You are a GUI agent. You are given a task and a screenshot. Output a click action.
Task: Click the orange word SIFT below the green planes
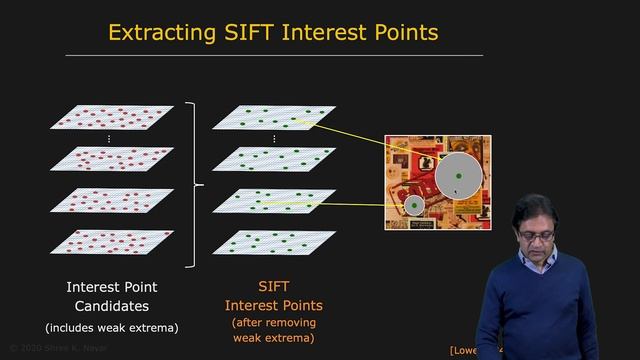click(273, 287)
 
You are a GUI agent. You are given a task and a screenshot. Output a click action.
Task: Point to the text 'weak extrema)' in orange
click(273, 338)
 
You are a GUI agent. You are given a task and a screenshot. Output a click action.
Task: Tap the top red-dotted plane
click(117, 117)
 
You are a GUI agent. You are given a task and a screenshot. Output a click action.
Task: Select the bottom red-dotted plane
click(117, 243)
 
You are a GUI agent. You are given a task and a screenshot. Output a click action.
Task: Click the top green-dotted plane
click(274, 117)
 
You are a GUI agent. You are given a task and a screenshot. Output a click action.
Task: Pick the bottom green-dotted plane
click(274, 243)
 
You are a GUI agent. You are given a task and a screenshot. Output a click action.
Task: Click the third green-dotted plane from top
click(274, 200)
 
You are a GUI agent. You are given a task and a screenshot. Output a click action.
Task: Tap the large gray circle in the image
click(459, 175)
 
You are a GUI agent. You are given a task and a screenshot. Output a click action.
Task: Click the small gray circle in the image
click(412, 206)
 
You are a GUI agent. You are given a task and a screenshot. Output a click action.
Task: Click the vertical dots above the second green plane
click(274, 138)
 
